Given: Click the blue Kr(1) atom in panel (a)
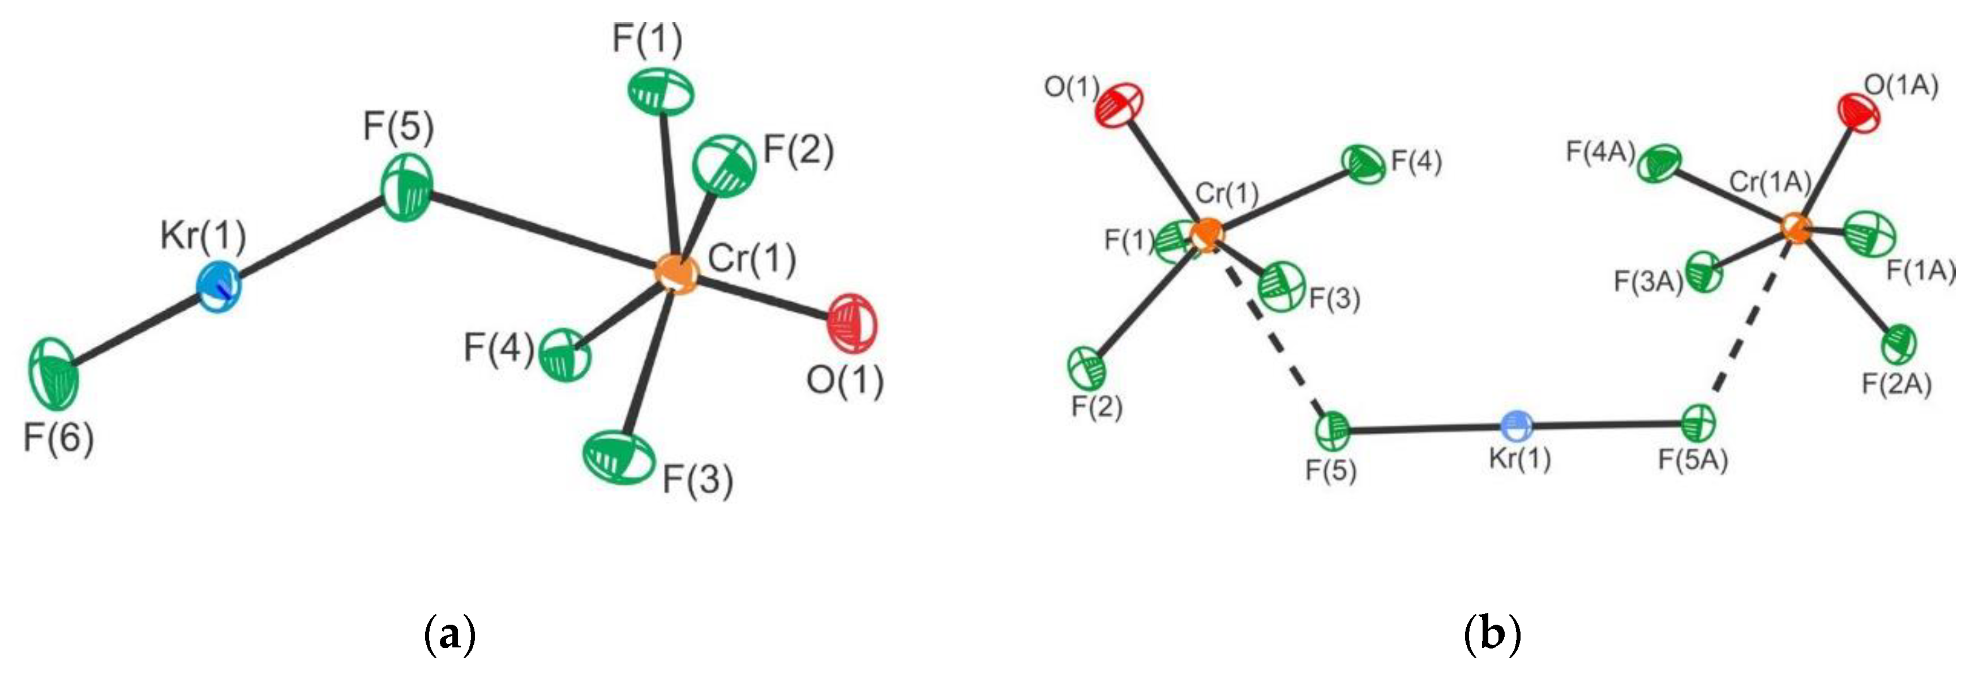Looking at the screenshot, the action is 219,287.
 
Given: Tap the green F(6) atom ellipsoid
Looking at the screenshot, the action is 54,374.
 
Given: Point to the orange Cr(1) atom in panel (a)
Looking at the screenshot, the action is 676,272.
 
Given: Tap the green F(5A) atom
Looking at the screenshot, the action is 1698,422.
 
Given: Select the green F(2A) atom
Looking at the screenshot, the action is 1899,344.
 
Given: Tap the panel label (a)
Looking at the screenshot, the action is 450,634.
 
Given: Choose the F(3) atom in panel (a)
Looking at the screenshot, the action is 618,458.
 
